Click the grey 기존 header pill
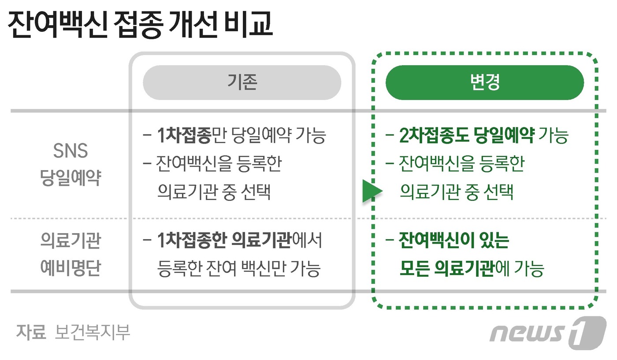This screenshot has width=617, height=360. pos(242,82)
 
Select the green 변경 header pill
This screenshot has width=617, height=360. pos(485,82)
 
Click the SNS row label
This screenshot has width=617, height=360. pos(71,151)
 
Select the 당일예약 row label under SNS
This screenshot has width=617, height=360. pos(71,178)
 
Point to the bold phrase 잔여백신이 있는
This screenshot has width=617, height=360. pos(454,241)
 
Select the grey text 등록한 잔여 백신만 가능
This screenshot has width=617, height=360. pos(238,268)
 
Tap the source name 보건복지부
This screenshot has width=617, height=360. pos(93,332)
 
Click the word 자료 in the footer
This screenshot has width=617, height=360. pos(31,332)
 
